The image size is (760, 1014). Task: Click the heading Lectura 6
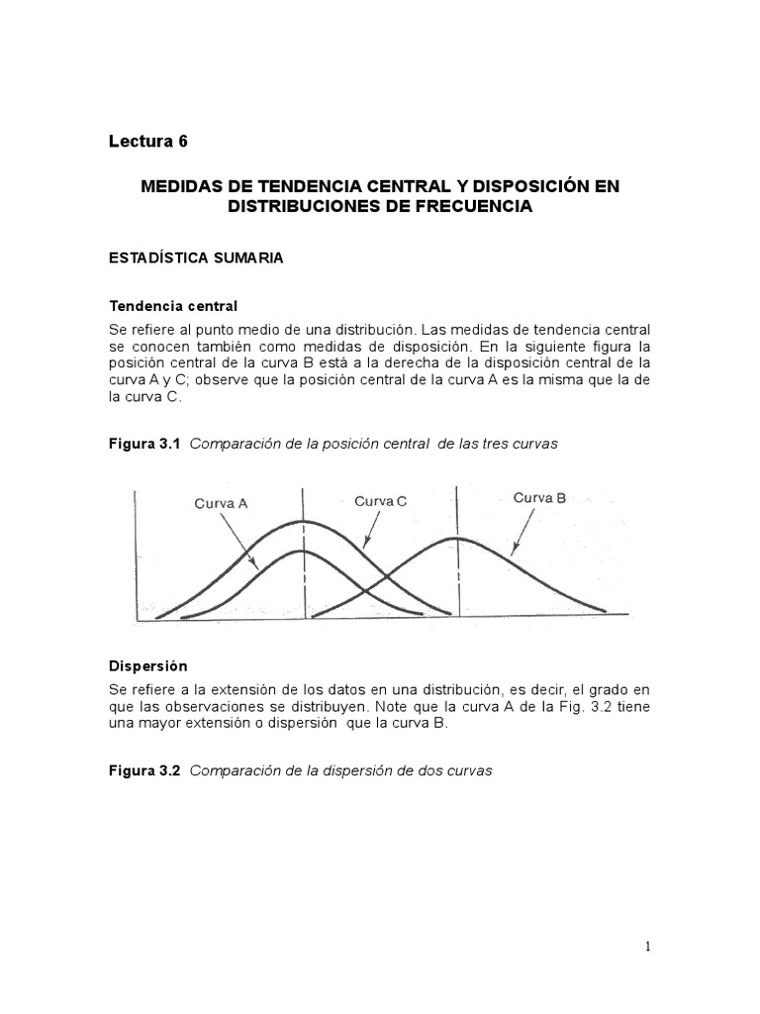pyautogui.click(x=147, y=142)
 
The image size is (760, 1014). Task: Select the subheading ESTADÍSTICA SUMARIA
pyautogui.click(x=195, y=257)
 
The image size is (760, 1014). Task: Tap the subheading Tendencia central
pyautogui.click(x=173, y=306)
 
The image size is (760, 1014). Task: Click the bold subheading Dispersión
pyautogui.click(x=147, y=666)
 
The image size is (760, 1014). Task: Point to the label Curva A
pyautogui.click(x=221, y=503)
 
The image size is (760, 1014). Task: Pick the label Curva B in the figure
pyautogui.click(x=539, y=498)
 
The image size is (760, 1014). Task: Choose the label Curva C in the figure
pyautogui.click(x=381, y=501)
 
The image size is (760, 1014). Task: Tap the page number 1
pyautogui.click(x=648, y=947)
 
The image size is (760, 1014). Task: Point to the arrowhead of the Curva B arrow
pyautogui.click(x=510, y=552)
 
